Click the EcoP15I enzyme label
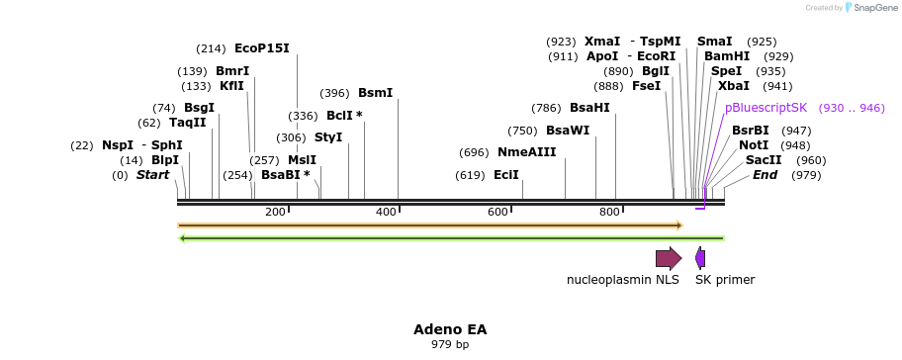pos(261,47)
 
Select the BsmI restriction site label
pos(375,93)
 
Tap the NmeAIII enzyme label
pos(526,152)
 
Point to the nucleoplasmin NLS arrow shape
pos(669,259)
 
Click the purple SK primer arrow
pos(700,259)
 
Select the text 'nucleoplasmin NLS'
pos(622,280)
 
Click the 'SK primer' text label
pos(724,280)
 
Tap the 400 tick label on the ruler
pos(386,213)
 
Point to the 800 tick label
pos(609,213)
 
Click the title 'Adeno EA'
pos(450,328)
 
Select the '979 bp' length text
pos(450,345)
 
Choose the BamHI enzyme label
pos(727,56)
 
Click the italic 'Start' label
pos(152,175)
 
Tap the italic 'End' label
pos(765,175)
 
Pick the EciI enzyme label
pos(506,175)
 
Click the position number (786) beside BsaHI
pos(546,108)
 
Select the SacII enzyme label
pos(764,160)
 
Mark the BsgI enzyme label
pos(199,108)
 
